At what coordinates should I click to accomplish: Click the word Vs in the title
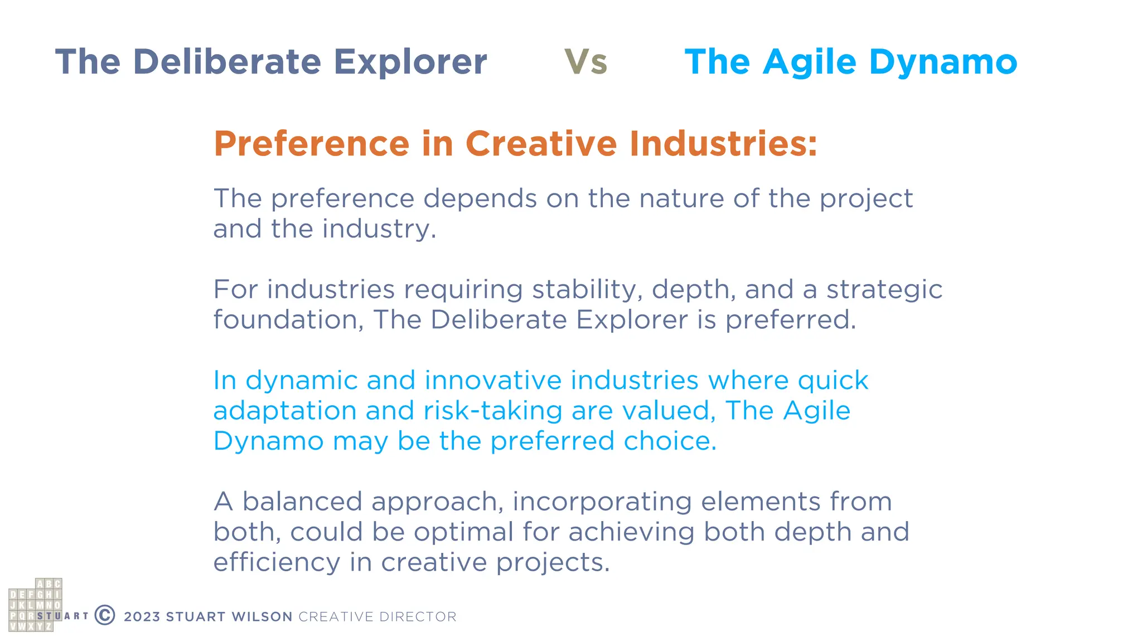(x=585, y=62)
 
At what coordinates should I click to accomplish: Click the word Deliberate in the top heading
(x=227, y=62)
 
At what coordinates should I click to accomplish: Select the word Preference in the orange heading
(x=312, y=144)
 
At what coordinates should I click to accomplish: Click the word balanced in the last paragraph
(x=302, y=502)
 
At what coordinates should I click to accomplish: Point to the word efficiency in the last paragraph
(x=277, y=563)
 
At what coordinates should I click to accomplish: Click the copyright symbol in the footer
(x=105, y=615)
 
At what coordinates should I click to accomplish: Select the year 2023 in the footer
(x=142, y=617)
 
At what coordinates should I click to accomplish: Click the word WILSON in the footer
(x=262, y=617)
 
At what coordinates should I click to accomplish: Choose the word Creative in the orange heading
(x=541, y=144)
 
